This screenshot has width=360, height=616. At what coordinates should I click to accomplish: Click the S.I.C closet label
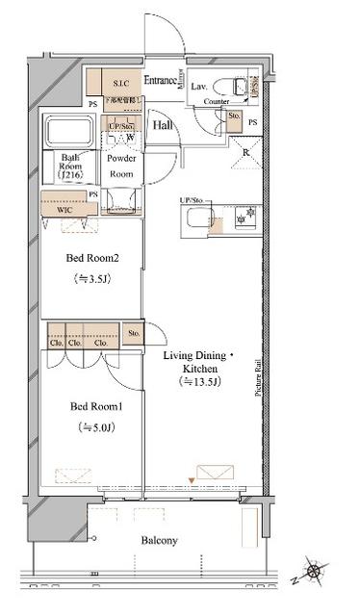coord(120,84)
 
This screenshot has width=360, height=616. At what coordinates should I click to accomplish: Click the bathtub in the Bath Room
coord(68,130)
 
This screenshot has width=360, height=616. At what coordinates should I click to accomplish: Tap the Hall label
coord(162,124)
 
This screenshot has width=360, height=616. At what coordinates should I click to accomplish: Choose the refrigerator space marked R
coord(247,151)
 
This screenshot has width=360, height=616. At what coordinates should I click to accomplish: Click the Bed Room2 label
coord(91,257)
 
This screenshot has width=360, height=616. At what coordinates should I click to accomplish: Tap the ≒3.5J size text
coord(92,280)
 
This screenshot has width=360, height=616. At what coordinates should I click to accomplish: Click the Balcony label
coord(156,540)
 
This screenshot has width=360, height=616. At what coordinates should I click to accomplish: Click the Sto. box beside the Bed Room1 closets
coord(133,334)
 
